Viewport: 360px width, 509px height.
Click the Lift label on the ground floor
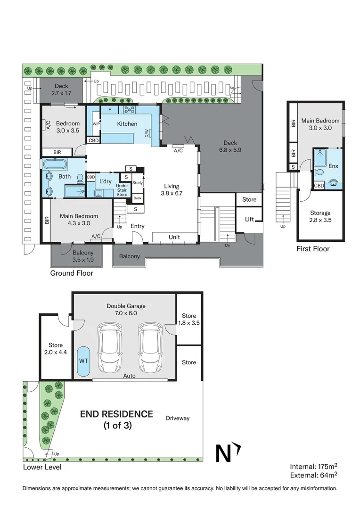pyautogui.click(x=249, y=219)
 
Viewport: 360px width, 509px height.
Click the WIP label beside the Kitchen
pyautogui.click(x=96, y=124)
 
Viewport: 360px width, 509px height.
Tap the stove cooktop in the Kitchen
pyautogui.click(x=129, y=110)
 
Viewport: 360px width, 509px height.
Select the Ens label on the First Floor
pyautogui.click(x=333, y=166)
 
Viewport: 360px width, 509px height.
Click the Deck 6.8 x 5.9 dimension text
pyautogui.click(x=230, y=150)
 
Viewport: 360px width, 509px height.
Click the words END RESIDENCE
pyautogui.click(x=116, y=414)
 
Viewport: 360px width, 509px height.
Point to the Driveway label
pyautogui.click(x=178, y=418)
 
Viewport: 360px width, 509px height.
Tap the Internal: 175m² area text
pyautogui.click(x=313, y=466)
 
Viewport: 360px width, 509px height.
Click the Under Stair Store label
pyautogui.click(x=122, y=190)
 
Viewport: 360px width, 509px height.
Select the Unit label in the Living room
pyautogui.click(x=174, y=237)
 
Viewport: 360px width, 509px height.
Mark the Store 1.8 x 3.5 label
pyautogui.click(x=189, y=320)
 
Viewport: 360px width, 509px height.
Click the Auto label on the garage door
pyautogui.click(x=130, y=376)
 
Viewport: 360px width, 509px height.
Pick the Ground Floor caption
pyautogui.click(x=72, y=273)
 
